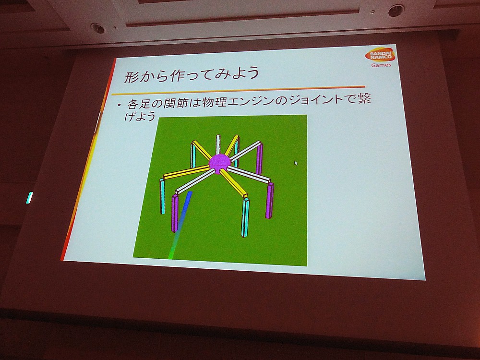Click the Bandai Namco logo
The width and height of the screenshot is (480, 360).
(x=380, y=55)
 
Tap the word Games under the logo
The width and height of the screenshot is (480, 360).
(x=381, y=65)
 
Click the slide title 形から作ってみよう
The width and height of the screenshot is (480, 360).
(x=192, y=74)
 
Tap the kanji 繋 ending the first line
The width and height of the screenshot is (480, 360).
(x=364, y=98)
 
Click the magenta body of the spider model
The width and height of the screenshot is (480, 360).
(x=219, y=163)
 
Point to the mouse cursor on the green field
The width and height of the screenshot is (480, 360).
(x=296, y=163)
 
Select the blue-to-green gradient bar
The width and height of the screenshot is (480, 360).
(x=180, y=225)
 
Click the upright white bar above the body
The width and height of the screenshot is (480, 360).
(x=218, y=144)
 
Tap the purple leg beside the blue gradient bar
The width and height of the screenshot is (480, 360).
(x=175, y=213)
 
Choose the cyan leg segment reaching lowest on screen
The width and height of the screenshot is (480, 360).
(x=245, y=217)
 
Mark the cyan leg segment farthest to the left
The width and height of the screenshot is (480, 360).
(x=162, y=196)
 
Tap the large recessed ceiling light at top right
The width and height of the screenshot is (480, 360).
(x=396, y=11)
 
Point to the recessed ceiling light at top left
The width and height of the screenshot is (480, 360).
(x=98, y=28)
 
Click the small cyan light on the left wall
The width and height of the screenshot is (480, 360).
(x=29, y=198)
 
